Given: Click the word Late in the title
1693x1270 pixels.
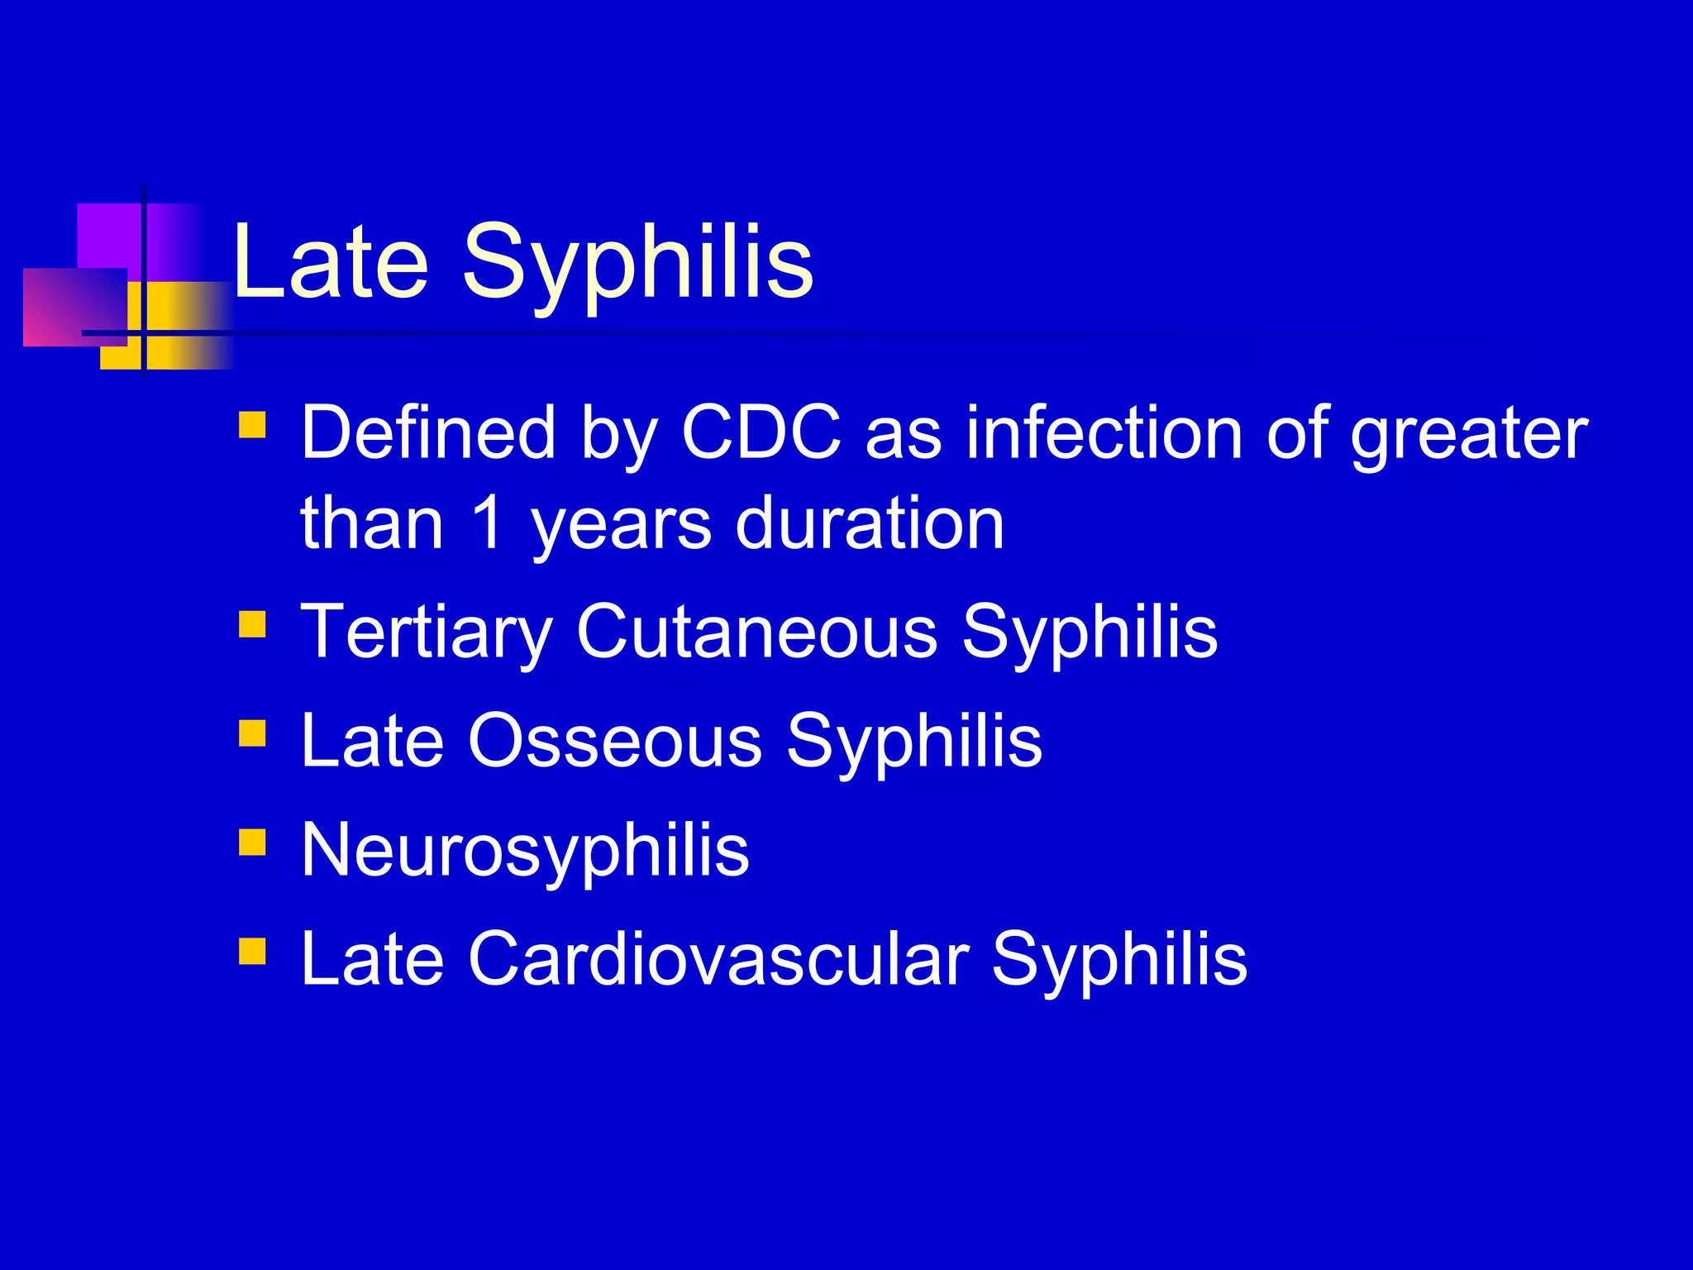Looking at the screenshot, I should (x=331, y=263).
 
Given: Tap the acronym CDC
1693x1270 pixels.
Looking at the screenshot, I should (x=761, y=432).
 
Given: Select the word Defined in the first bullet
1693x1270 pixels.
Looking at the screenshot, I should (x=427, y=432).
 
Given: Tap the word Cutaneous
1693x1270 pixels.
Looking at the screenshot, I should (x=757, y=632).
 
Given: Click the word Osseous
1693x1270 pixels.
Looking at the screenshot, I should (x=615, y=741).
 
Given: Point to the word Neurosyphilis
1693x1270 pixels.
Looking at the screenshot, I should (x=525, y=852).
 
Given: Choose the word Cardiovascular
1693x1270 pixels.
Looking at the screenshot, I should (x=718, y=959).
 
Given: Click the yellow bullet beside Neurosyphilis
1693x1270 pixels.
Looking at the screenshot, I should (x=252, y=842).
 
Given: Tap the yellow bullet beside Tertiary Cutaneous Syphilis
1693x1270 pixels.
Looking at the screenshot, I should (x=252, y=624).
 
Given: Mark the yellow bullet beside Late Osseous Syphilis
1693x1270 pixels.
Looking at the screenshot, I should (x=252, y=733).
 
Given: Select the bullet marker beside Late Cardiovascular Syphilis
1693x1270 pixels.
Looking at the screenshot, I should (x=252, y=951).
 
